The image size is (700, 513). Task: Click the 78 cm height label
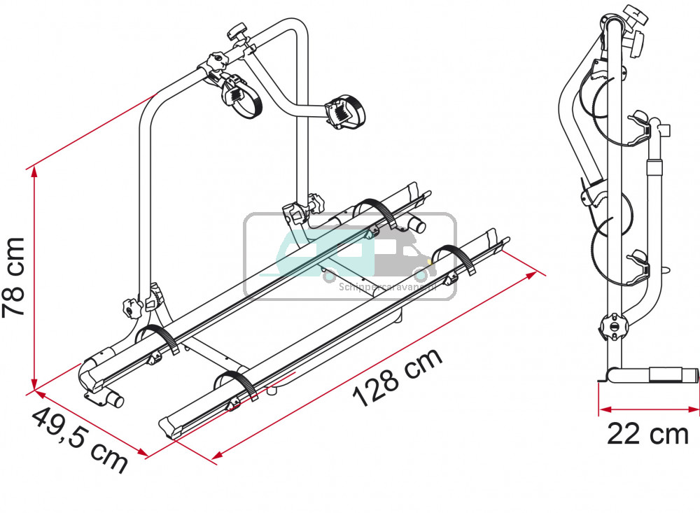(15, 277)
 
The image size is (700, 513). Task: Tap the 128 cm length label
(398, 377)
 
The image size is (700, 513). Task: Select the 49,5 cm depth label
(78, 440)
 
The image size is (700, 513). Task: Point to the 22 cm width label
(647, 435)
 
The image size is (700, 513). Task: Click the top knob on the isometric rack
(237, 34)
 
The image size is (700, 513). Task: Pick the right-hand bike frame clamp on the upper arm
(340, 111)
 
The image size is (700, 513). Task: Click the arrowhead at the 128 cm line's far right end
(537, 274)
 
